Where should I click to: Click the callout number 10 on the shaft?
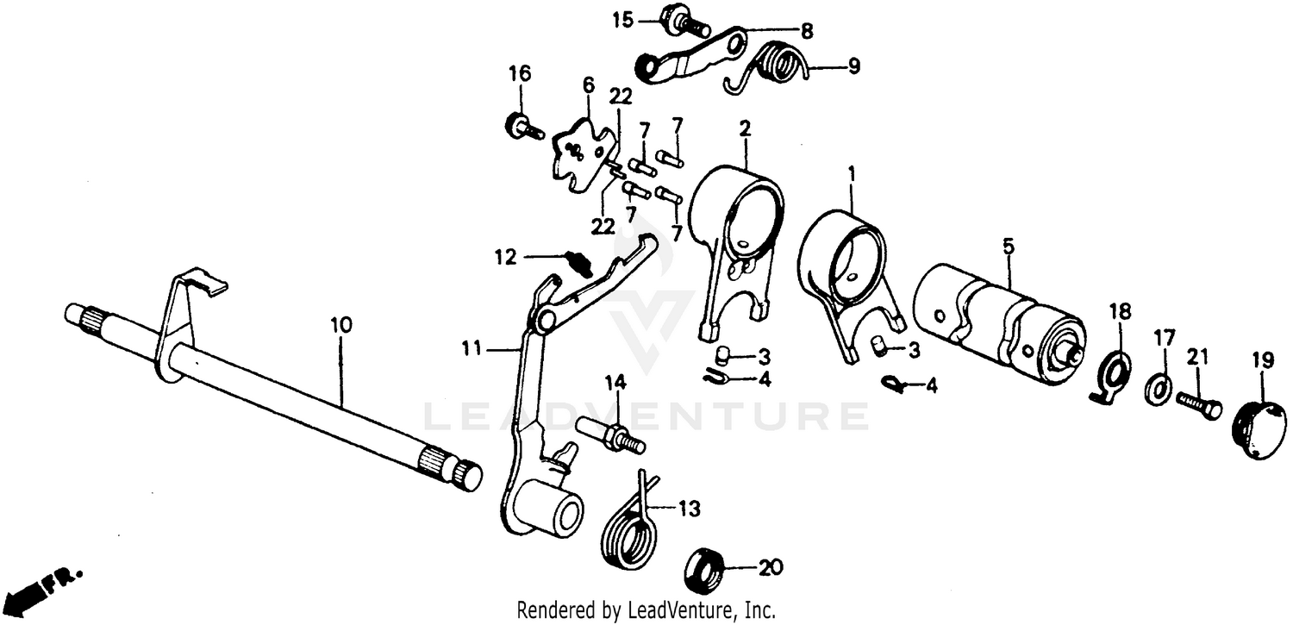[x=340, y=325]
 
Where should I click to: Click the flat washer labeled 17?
[x=1158, y=389]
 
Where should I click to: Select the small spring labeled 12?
[x=579, y=260]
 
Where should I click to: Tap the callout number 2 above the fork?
[x=745, y=129]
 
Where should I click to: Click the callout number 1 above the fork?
[x=851, y=173]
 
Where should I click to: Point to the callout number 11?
[x=472, y=349]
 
